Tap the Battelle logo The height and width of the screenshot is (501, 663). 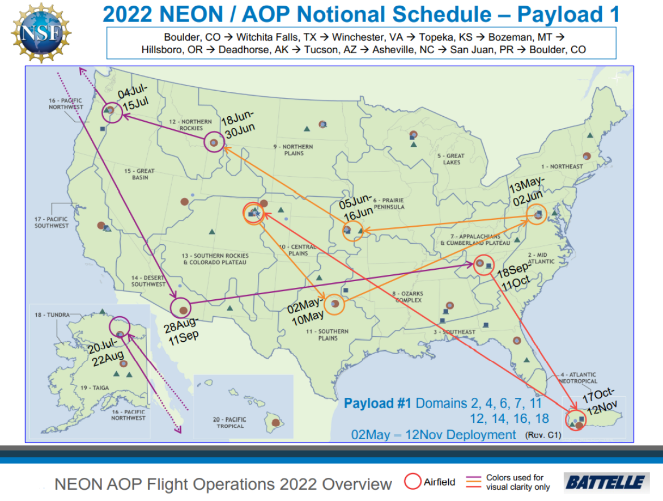coord(606,482)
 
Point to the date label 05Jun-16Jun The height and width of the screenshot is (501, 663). coord(356,209)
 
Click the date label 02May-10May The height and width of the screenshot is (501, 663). coord(307,312)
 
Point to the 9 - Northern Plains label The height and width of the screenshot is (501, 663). coord(293,150)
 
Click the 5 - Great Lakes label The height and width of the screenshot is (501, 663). coord(452,159)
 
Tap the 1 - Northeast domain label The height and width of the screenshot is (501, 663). coord(562,167)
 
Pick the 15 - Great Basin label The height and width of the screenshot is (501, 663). coord(139,174)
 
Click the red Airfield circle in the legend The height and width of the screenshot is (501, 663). coord(413,482)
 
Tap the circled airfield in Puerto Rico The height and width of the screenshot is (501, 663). coord(576,421)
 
